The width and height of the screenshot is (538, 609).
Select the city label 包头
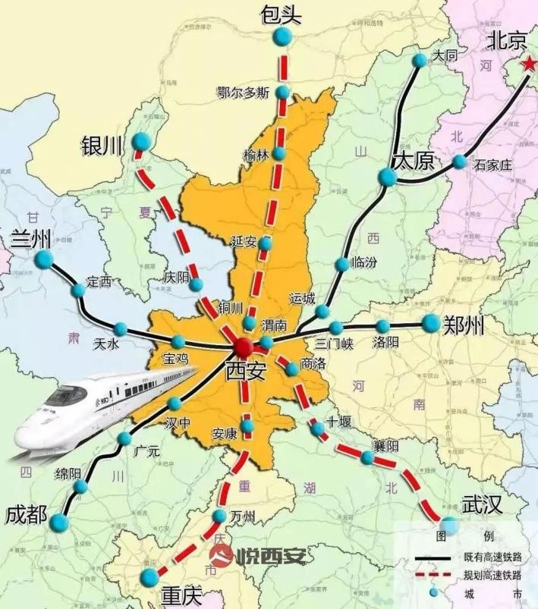pyautogui.click(x=282, y=13)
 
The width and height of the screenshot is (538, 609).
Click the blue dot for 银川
pyautogui.click(x=140, y=141)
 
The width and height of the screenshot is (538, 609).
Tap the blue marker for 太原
pyautogui.click(x=388, y=177)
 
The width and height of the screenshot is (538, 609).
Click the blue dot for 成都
pyautogui.click(x=59, y=522)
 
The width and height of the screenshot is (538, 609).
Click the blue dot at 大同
pyautogui.click(x=420, y=60)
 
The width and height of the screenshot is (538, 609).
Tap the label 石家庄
pyautogui.click(x=493, y=165)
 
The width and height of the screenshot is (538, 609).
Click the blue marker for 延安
pyautogui.click(x=265, y=244)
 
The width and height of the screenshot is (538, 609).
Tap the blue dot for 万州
pyautogui.click(x=219, y=516)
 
